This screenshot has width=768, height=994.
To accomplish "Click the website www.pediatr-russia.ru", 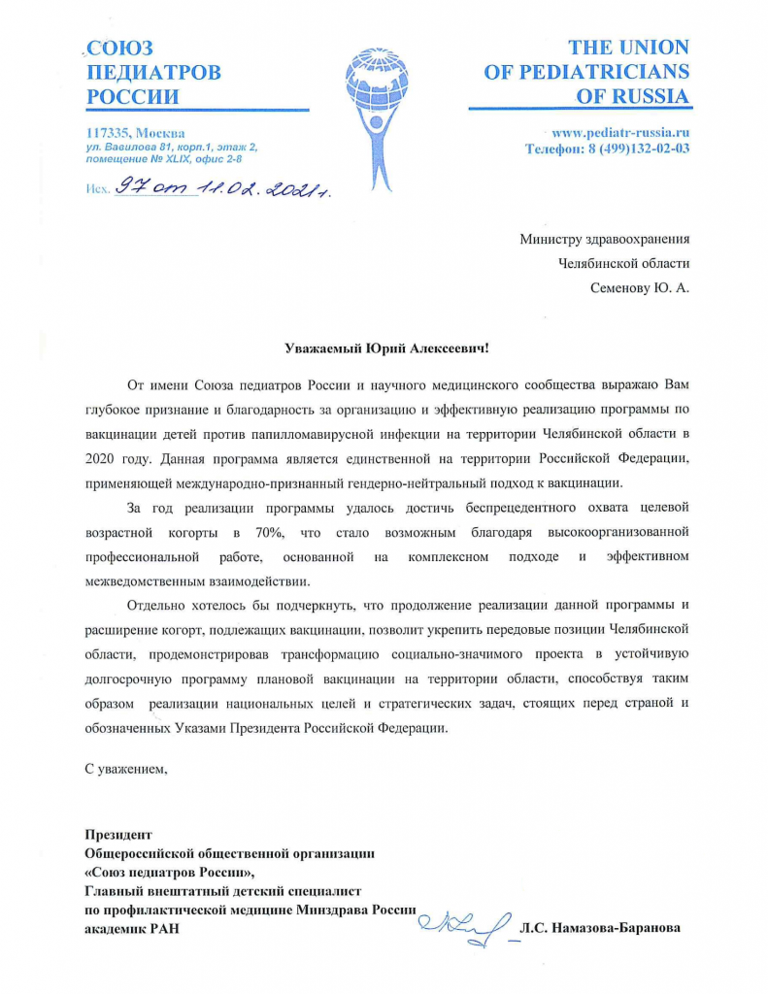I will [x=620, y=132].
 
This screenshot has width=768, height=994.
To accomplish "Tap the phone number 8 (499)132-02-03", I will [x=630, y=149].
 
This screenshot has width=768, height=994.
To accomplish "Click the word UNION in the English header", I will [x=653, y=48].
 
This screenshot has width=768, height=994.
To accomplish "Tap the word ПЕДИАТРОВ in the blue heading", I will [x=153, y=72].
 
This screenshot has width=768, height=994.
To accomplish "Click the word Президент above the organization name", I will [x=118, y=834].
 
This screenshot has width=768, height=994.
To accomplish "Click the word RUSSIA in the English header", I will [x=648, y=96].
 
